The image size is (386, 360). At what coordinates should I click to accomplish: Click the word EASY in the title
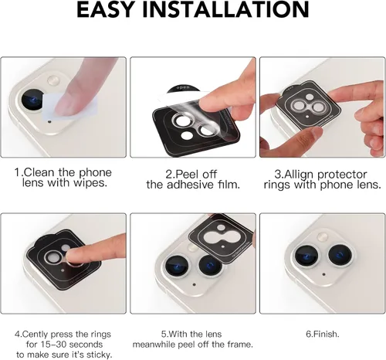(x=105, y=9)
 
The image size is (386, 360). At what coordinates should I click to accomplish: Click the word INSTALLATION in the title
(x=225, y=9)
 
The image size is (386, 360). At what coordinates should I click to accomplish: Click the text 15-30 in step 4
(x=54, y=345)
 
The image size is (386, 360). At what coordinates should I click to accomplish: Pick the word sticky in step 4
(x=99, y=355)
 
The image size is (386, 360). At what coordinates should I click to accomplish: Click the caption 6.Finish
(x=323, y=335)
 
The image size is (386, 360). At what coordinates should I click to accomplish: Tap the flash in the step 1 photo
(x=53, y=80)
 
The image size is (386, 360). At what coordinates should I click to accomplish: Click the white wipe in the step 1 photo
(x=69, y=107)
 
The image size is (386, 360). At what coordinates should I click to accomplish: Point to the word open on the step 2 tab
(x=183, y=87)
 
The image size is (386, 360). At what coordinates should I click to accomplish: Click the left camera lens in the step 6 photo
(x=306, y=256)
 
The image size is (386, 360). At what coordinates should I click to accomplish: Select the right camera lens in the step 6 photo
(x=340, y=255)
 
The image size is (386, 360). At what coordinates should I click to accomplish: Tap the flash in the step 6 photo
(x=322, y=236)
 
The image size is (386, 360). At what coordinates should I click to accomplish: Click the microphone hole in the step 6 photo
(x=323, y=274)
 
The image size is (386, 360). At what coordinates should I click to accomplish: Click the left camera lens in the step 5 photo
(x=177, y=267)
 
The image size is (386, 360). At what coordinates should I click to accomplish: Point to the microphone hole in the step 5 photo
(x=194, y=285)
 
